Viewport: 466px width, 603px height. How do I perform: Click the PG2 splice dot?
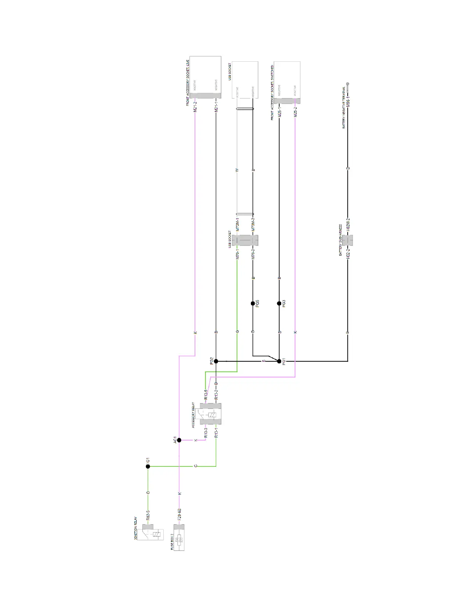[x=216, y=361]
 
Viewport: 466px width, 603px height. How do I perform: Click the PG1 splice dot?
[x=279, y=361]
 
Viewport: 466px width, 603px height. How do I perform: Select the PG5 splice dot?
[x=253, y=303]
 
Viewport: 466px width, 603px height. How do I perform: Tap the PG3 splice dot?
[x=279, y=303]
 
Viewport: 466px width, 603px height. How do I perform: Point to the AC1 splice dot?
[x=179, y=440]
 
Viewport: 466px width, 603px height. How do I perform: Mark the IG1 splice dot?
[x=148, y=466]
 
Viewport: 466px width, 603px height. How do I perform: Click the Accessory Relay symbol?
[x=211, y=414]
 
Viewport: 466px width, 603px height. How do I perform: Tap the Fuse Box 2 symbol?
[x=179, y=537]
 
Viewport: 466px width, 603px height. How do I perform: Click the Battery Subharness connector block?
[x=348, y=240]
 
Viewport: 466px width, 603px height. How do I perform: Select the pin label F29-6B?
[x=180, y=515]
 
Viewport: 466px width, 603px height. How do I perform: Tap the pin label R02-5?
[x=148, y=515]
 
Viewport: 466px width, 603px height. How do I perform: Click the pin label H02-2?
[x=348, y=254]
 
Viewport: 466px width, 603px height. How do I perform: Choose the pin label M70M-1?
[x=238, y=224]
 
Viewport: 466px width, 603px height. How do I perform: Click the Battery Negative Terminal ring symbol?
[x=348, y=84]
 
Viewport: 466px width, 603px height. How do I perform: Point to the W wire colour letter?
[x=237, y=170]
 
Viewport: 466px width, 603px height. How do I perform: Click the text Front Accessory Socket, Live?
[x=188, y=83]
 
